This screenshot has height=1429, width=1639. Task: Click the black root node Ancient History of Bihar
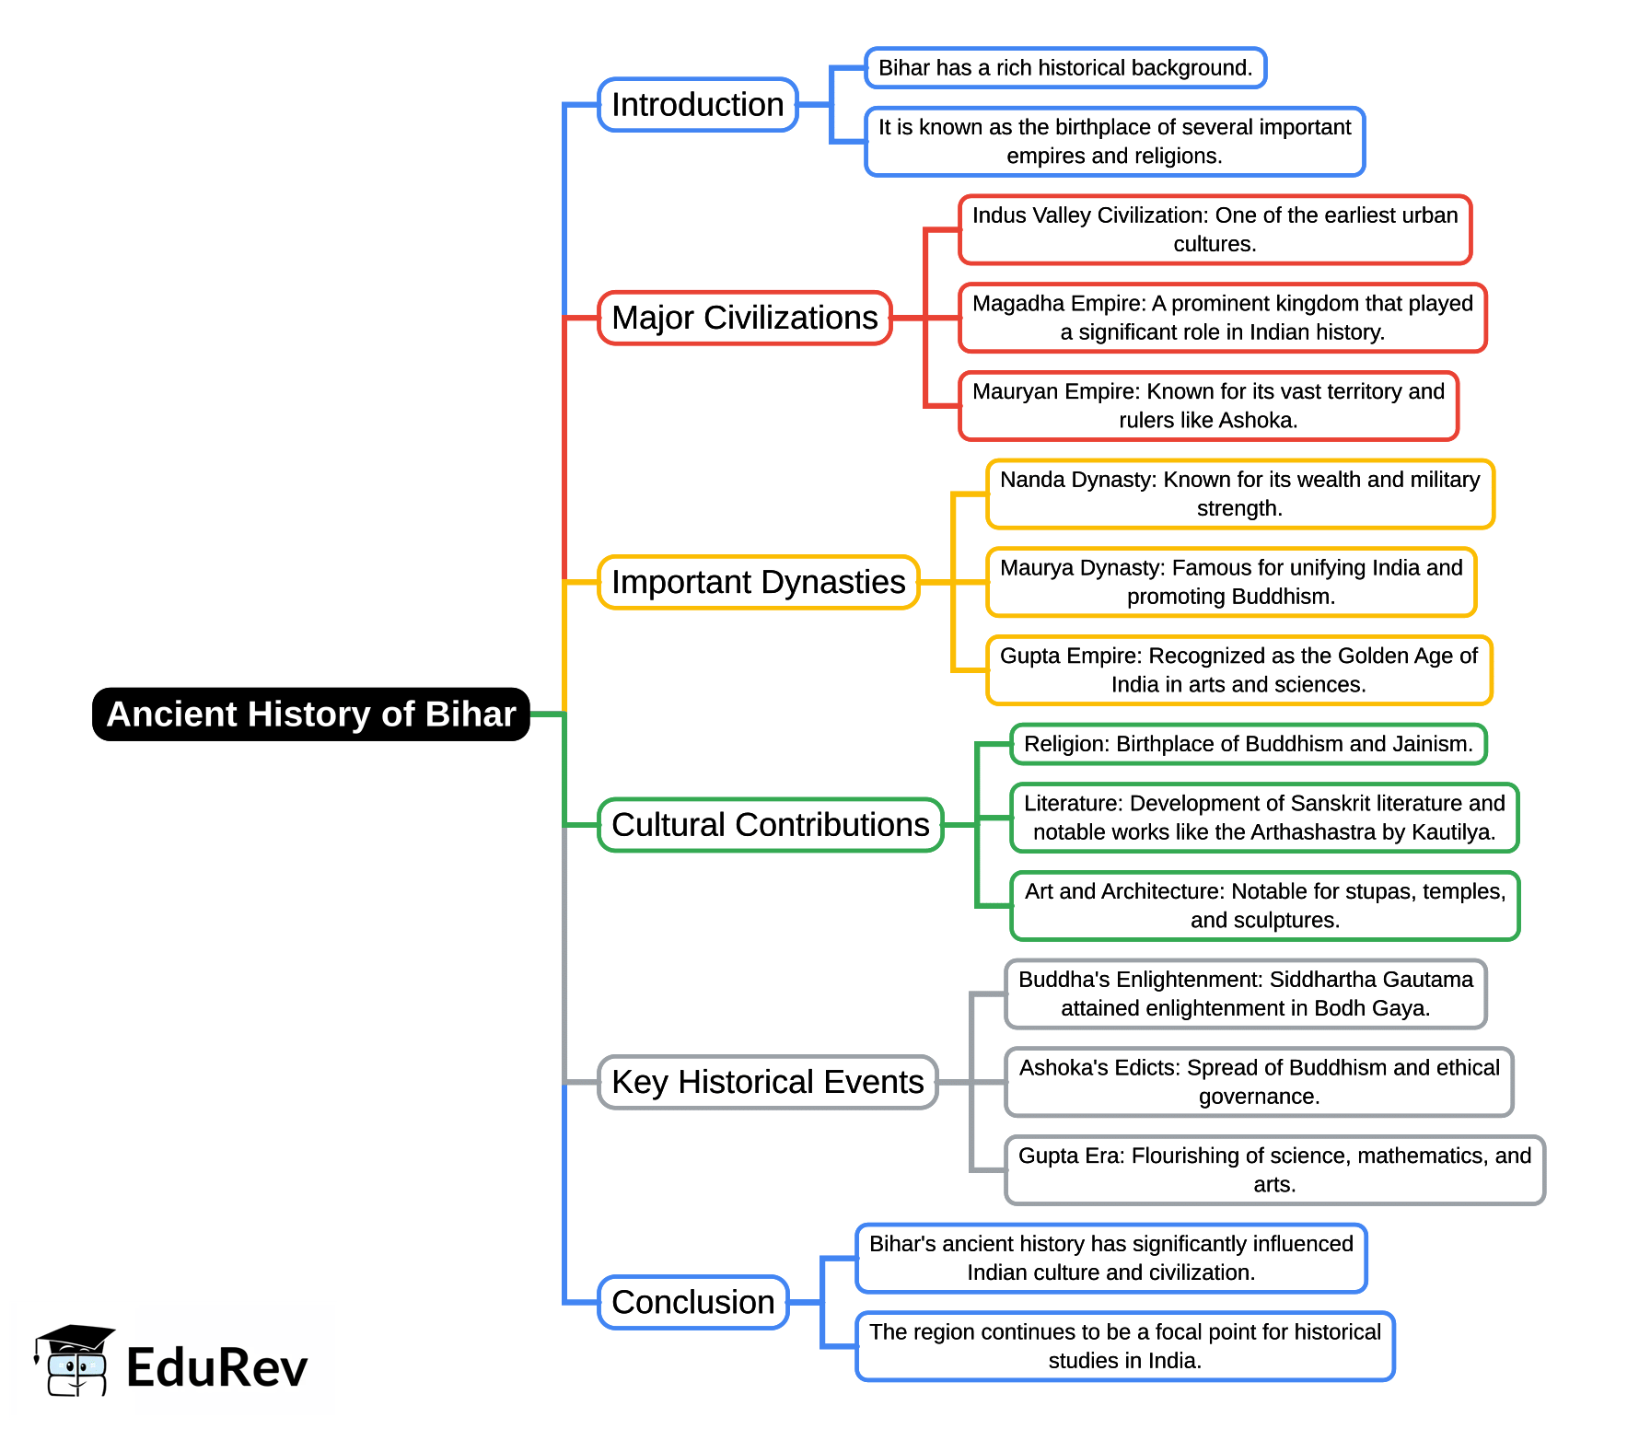click(311, 714)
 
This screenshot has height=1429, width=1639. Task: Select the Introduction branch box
click(697, 105)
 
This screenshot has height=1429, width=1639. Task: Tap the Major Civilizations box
click(744, 318)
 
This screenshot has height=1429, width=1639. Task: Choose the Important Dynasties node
click(758, 582)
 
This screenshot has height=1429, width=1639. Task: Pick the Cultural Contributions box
click(770, 825)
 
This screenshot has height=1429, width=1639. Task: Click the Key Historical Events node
click(767, 1082)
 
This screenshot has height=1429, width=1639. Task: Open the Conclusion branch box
click(692, 1302)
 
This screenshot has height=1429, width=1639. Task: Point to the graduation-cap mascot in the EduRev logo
click(74, 1362)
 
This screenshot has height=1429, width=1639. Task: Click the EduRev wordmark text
click(216, 1367)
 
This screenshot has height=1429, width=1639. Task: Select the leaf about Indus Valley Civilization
click(1215, 229)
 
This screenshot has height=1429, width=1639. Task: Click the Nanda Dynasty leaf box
click(1239, 494)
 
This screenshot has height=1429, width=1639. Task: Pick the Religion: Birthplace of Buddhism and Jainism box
click(1248, 744)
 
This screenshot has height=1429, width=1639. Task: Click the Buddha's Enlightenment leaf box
click(1245, 994)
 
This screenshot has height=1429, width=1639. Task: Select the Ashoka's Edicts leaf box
click(1259, 1082)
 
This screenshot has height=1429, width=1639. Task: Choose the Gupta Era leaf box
click(1274, 1170)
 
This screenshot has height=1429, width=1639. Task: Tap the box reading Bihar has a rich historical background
click(1065, 68)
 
